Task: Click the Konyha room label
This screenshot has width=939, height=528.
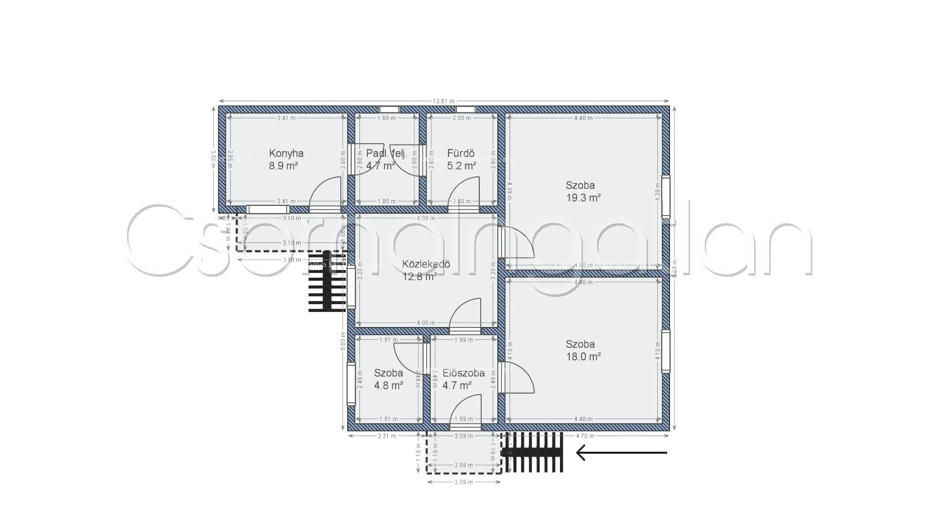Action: (286, 153)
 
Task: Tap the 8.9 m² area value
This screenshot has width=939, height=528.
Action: (283, 166)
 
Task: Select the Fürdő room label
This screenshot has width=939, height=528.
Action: (461, 153)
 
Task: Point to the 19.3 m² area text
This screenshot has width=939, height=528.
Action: (583, 198)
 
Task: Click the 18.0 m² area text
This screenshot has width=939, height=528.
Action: (583, 357)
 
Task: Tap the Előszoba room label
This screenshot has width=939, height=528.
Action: (463, 373)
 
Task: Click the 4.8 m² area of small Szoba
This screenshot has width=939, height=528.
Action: (388, 385)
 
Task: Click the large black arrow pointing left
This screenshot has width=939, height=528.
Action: (621, 453)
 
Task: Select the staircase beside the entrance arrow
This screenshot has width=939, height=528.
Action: (536, 452)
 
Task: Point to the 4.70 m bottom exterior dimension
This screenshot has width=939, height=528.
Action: (585, 436)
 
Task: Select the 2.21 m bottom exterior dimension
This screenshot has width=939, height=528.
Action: (387, 436)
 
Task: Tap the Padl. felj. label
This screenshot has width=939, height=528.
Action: (386, 153)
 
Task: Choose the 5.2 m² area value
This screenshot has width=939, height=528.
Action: (461, 166)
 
